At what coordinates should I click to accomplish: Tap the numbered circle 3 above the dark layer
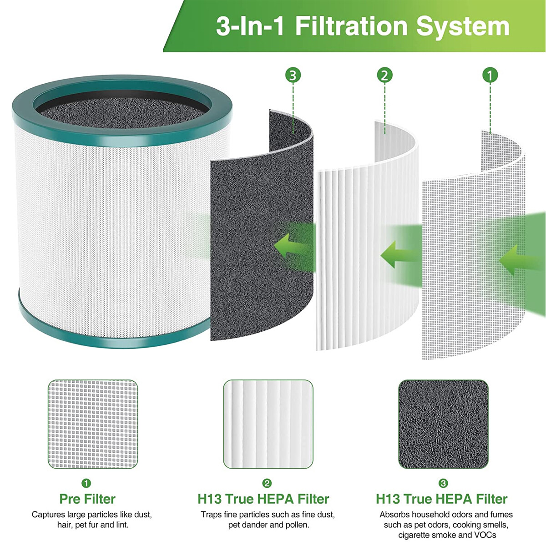[293, 76]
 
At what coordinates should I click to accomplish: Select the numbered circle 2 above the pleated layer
[384, 76]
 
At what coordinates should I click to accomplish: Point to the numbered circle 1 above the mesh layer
[490, 76]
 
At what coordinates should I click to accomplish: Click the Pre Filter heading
[87, 499]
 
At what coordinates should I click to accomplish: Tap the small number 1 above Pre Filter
[86, 483]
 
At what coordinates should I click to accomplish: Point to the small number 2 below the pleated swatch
[267, 483]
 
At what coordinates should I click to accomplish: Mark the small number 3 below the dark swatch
[443, 483]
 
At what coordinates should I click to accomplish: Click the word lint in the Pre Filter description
[122, 525]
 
